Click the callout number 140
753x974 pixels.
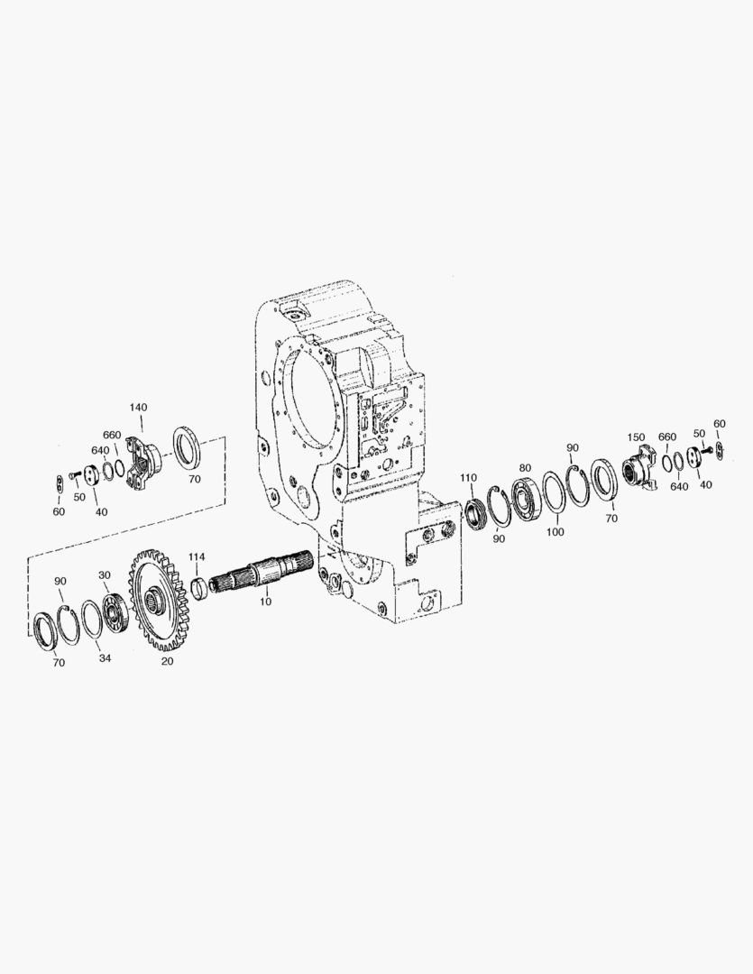[x=138, y=408]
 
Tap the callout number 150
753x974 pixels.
[x=636, y=437]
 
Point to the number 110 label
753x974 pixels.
[x=468, y=478]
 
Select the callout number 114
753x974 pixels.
[x=197, y=556]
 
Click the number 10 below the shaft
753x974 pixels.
[x=265, y=602]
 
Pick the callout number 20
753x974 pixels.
[x=167, y=661]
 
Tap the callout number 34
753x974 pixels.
[x=105, y=657]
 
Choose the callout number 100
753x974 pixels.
[x=555, y=532]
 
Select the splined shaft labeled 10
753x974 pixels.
[x=263, y=572]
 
